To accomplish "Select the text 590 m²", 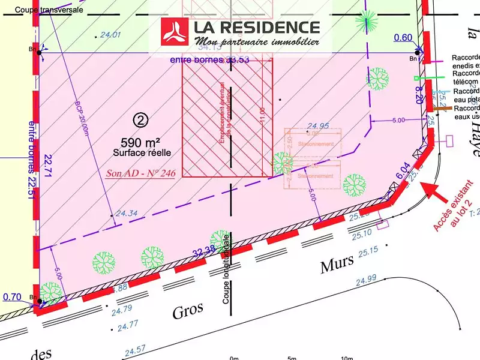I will [140, 142].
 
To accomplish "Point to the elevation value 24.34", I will [127, 213].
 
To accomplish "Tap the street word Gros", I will [188, 311].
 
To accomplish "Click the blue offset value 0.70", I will [13, 296].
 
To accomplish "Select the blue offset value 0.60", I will [403, 38].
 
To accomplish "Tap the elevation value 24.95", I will [318, 126].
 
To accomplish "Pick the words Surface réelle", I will [142, 154].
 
